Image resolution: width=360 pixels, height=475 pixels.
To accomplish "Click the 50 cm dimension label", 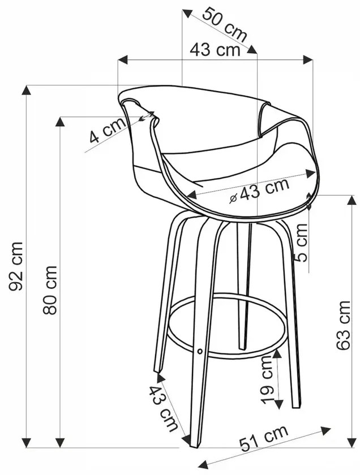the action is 224,24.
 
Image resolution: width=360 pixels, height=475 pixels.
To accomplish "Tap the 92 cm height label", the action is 16,266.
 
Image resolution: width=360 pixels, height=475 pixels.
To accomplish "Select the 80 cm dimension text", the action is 50,290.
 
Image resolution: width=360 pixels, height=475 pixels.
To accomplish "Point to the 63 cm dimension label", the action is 344,325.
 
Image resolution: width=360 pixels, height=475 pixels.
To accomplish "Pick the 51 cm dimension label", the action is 264,438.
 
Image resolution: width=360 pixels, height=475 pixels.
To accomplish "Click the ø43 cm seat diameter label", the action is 259,191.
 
